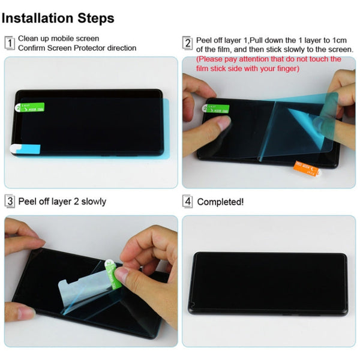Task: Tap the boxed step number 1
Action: (x=10, y=43)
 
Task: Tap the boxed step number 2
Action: (x=187, y=43)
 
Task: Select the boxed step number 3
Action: (x=10, y=202)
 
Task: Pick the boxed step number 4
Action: (x=187, y=202)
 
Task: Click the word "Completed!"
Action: (x=220, y=202)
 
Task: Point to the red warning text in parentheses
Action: (x=269, y=64)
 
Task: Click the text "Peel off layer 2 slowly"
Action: (x=62, y=202)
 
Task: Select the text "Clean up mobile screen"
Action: (x=58, y=38)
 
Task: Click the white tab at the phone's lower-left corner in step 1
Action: (x=18, y=148)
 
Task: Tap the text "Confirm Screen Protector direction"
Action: (x=77, y=48)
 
